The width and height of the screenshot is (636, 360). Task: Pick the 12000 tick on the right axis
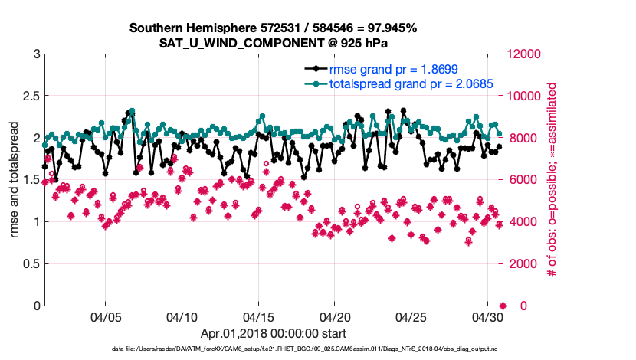point(524,54)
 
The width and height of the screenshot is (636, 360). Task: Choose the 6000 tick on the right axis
point(521,180)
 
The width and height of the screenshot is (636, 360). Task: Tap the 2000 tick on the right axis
point(521,264)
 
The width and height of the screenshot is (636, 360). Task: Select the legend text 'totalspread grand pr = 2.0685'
point(411,83)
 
